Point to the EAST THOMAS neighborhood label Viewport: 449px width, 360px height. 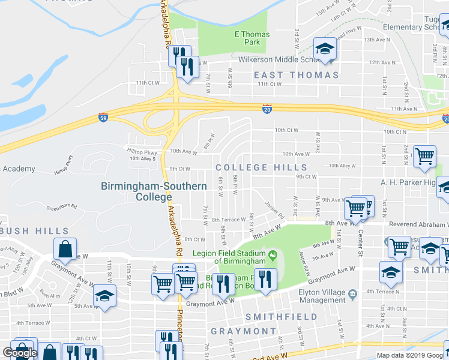[296, 75]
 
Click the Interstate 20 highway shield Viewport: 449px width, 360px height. [267, 109]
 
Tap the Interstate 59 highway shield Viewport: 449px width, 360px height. [103, 118]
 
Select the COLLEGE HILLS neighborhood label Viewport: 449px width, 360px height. [261, 168]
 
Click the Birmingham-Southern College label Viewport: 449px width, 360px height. [154, 191]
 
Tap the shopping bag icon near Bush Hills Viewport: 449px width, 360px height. [65, 249]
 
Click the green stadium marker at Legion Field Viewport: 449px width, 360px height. [274, 256]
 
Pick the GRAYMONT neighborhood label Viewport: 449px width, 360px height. [243, 331]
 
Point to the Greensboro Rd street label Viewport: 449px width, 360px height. [62, 208]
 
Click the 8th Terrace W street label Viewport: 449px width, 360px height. [229, 220]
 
